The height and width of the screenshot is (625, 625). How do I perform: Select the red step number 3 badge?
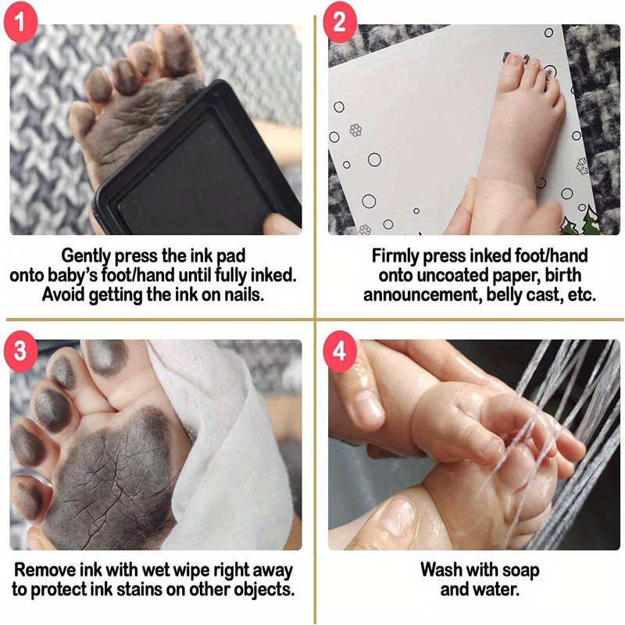coord(20,350)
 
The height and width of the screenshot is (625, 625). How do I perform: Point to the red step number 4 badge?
coord(339,350)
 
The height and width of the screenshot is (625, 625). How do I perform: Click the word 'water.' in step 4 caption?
coord(500,590)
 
